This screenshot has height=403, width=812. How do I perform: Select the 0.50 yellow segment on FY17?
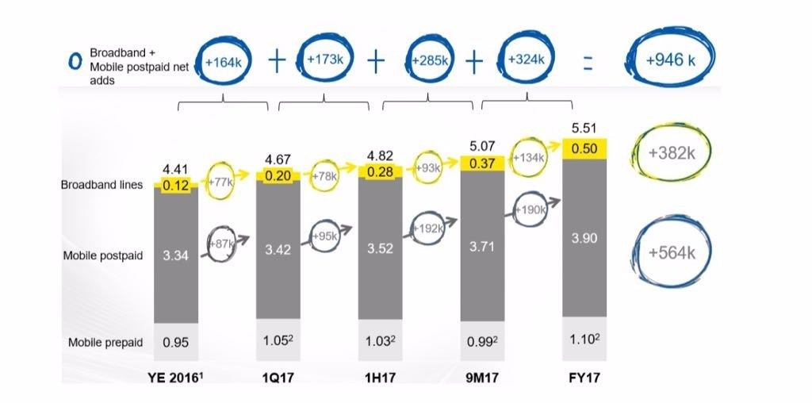click(584, 149)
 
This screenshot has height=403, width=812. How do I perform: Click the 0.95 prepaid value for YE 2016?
click(175, 343)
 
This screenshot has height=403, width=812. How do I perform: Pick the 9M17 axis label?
click(482, 376)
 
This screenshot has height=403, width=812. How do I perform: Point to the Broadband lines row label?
click(102, 185)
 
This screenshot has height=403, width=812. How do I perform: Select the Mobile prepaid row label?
click(105, 343)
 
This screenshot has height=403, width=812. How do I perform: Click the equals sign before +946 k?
click(588, 66)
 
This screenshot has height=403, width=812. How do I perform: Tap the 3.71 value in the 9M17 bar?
click(482, 247)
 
